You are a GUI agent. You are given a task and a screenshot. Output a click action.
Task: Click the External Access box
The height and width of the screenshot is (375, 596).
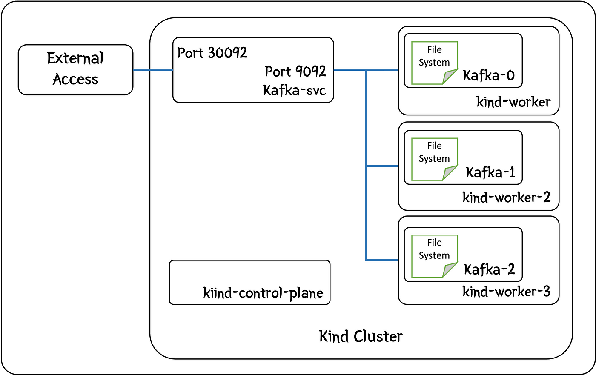tap(76, 70)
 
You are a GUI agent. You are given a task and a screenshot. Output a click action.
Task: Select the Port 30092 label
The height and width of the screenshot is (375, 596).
tap(212, 53)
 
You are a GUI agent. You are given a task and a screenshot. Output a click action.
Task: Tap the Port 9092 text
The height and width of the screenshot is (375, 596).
tap(295, 71)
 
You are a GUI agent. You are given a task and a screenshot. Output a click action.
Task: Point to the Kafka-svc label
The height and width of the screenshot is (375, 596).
tap(295, 90)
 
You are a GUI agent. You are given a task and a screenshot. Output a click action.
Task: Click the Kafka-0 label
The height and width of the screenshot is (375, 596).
tap(489, 75)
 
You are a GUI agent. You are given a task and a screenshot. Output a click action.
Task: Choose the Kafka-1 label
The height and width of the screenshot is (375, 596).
tap(490, 172)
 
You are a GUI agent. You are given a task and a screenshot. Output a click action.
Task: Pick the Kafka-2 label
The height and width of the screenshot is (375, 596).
tap(489, 269)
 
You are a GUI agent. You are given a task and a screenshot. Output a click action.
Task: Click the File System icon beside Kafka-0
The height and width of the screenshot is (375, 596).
tap(435, 63)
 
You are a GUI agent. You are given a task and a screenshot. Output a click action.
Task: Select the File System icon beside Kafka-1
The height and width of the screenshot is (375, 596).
tap(435, 159)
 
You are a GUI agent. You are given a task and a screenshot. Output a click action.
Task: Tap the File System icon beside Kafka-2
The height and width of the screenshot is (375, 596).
tap(435, 256)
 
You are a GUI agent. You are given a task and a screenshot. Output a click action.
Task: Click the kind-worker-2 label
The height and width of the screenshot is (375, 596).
tap(506, 198)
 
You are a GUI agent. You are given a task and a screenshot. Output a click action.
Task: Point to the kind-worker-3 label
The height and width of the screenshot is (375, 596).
tap(506, 292)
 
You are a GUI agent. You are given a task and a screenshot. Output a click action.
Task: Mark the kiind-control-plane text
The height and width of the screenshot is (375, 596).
tap(263, 293)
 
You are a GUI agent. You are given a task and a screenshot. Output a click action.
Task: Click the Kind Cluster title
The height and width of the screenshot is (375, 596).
tap(361, 336)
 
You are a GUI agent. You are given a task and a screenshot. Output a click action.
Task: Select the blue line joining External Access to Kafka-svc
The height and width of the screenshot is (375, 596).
tap(153, 70)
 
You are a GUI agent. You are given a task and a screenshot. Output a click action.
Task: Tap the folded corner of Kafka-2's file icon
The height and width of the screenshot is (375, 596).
tap(450, 270)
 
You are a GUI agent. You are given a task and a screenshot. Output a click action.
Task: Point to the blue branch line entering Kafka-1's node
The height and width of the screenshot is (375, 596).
tap(382, 166)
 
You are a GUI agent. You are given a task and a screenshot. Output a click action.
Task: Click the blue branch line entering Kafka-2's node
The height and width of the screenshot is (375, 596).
tap(382, 260)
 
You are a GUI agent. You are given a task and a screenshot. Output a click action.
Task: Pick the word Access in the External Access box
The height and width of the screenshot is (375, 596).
tap(76, 79)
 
